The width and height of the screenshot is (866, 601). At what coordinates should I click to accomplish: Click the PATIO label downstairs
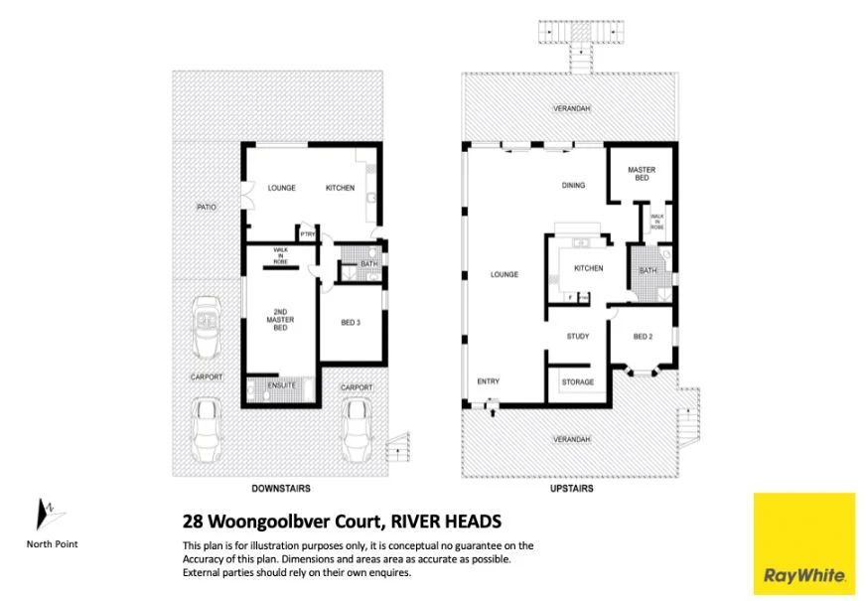[207, 207]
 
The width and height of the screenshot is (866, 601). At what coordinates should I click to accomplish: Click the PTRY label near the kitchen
[308, 234]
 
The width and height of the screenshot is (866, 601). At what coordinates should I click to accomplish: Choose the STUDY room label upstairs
[578, 337]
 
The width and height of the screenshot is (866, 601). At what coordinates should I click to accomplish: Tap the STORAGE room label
[578, 382]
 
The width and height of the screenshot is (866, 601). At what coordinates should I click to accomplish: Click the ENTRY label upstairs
[489, 381]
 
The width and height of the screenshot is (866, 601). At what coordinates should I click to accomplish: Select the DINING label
[573, 185]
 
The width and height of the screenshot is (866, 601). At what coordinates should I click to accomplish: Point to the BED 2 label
[643, 337]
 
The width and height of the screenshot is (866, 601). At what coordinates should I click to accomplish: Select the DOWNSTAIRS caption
[281, 489]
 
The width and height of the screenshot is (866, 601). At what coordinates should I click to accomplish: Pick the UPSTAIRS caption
[572, 489]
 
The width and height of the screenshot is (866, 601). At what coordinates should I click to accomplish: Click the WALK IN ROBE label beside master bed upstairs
[656, 222]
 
